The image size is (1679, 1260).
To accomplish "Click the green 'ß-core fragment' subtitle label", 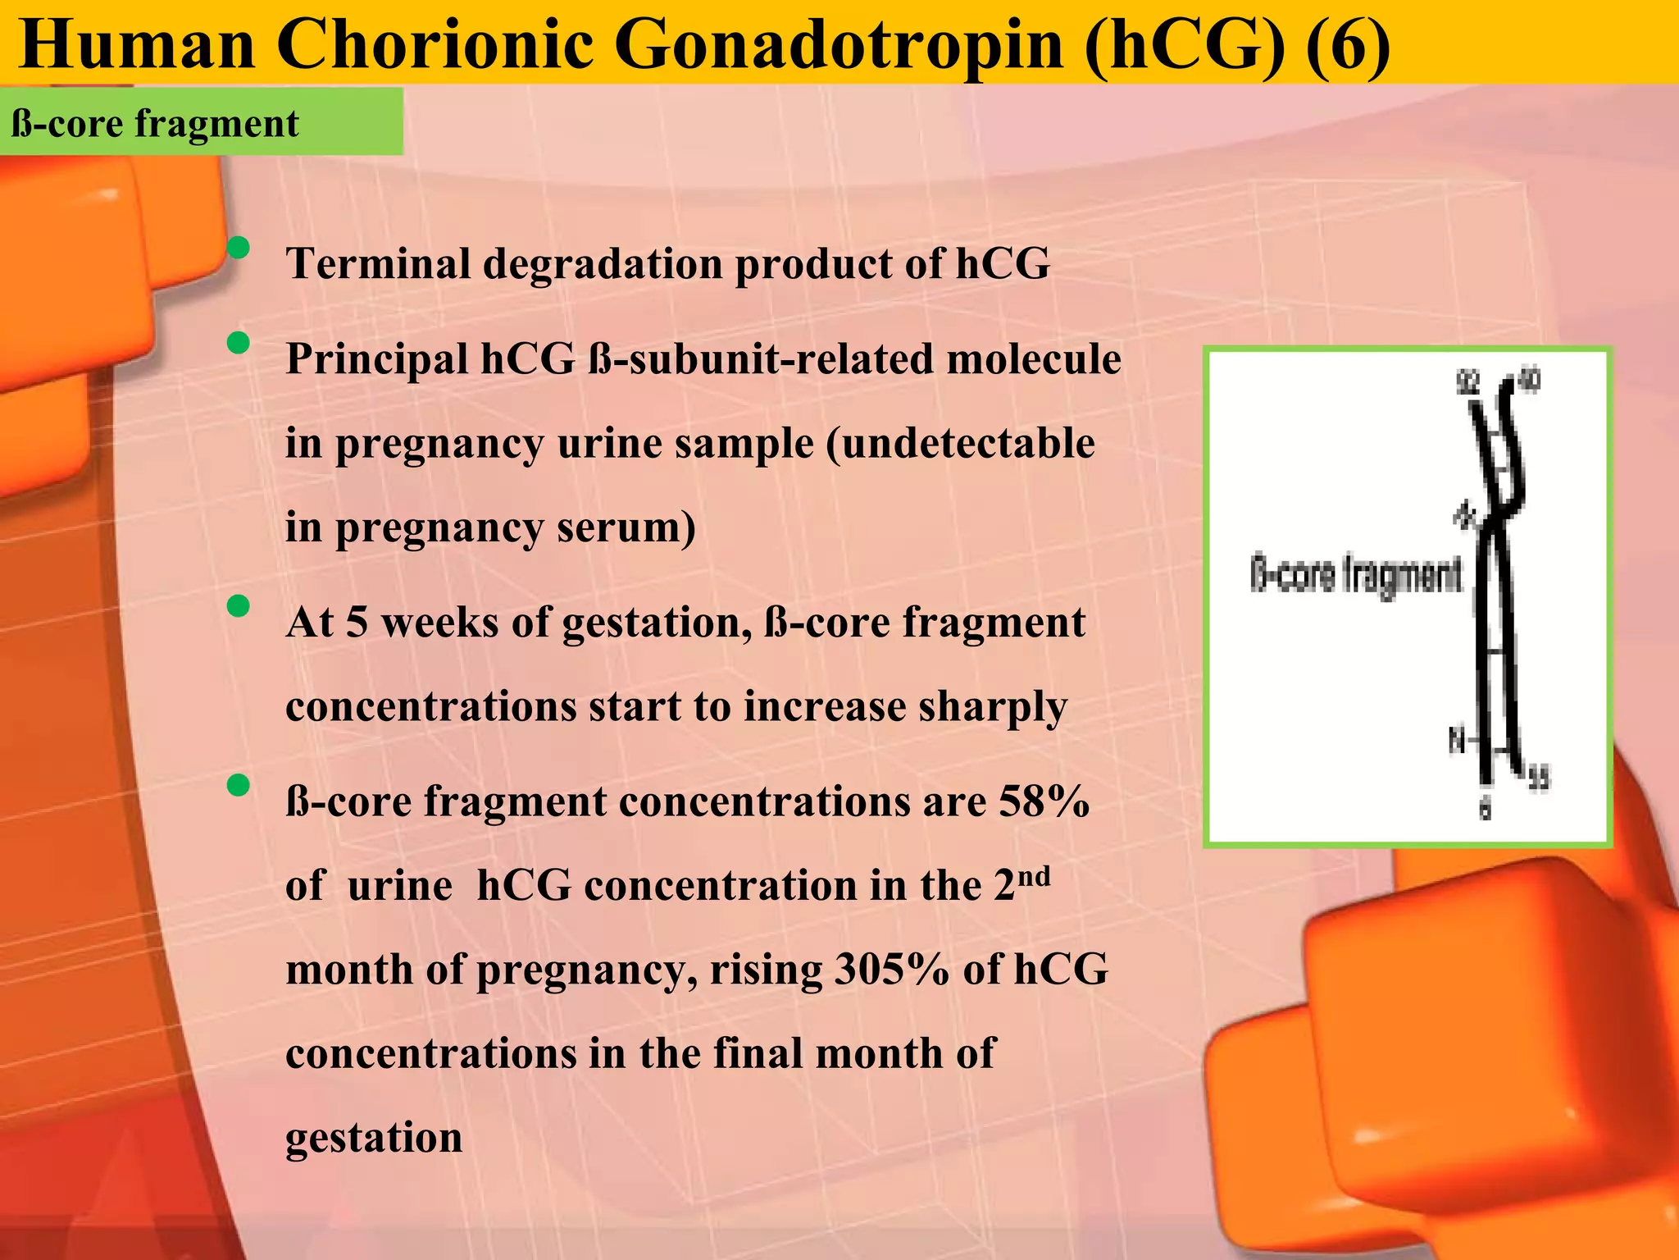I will (x=156, y=124).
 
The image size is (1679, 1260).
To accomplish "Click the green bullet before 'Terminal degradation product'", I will (x=239, y=247).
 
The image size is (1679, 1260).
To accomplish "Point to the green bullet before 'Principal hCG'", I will (x=239, y=343).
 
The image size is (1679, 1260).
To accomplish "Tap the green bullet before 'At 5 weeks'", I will (x=239, y=606).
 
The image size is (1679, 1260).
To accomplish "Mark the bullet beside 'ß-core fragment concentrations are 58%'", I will (x=239, y=785).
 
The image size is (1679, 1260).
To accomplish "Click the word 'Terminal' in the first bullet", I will (x=378, y=264).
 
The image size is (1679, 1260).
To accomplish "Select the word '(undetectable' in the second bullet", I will (x=960, y=445).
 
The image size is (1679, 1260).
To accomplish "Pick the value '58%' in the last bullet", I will (x=1044, y=802).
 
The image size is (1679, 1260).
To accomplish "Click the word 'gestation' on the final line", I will (x=374, y=1138).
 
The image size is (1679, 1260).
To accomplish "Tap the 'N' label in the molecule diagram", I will (x=1455, y=742).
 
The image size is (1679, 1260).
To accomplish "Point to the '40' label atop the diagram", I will (x=1529, y=380).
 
